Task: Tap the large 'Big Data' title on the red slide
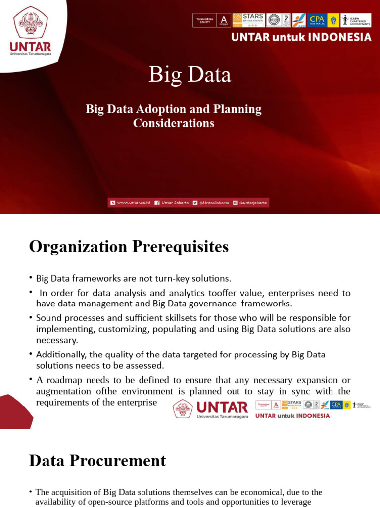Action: click(x=190, y=75)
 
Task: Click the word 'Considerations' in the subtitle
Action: click(x=174, y=123)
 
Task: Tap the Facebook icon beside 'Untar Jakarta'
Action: click(x=157, y=203)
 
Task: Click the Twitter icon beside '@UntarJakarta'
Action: click(x=195, y=203)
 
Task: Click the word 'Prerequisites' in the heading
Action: click(x=180, y=246)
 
